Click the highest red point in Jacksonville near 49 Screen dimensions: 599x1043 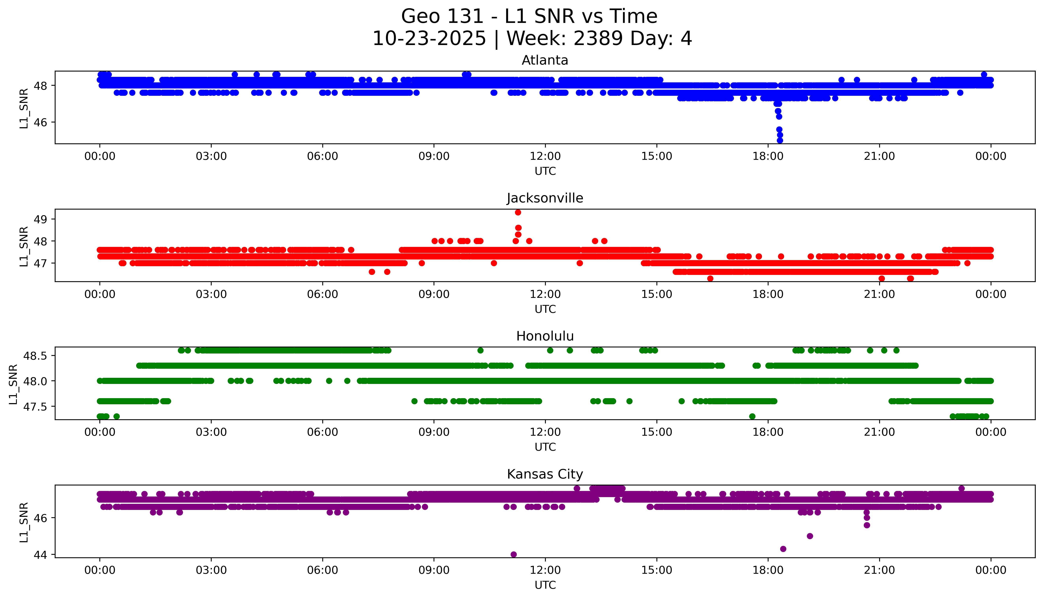518,212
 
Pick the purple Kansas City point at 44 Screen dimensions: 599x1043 513,554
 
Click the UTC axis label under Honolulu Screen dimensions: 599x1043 545,447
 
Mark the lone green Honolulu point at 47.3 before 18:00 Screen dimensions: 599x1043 752,416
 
